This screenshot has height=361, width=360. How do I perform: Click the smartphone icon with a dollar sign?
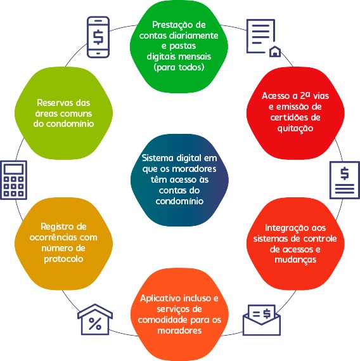click(98, 37)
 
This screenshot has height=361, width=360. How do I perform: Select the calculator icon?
click(13, 180)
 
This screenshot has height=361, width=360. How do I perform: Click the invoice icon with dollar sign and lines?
click(345, 180)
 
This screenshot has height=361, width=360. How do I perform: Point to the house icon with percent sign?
click(95, 319)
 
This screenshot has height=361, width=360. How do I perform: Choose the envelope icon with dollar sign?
click(262, 320)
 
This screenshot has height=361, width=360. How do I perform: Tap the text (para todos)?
click(179, 67)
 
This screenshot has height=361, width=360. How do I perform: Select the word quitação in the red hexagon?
click(295, 128)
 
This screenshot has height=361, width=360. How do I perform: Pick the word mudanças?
click(295, 260)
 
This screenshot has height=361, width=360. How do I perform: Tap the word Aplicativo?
click(159, 299)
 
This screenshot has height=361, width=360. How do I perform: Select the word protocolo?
click(63, 259)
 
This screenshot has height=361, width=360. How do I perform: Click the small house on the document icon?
click(275, 51)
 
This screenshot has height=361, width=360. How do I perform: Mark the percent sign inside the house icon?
click(95, 324)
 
